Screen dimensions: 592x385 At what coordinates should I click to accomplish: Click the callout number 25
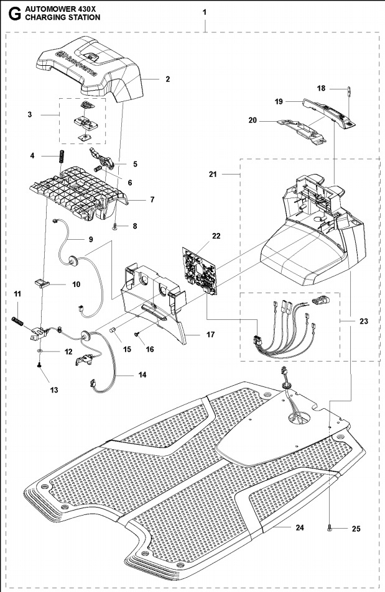coord(356,529)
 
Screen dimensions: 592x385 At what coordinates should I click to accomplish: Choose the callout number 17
coord(210,335)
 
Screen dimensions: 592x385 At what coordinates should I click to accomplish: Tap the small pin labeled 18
coord(350,93)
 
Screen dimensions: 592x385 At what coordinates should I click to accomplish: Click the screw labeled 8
coord(116,226)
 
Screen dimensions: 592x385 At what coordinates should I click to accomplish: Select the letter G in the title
coord(10,13)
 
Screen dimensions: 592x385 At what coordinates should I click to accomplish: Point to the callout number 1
coord(205,12)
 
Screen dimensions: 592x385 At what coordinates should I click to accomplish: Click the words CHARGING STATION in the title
coord(62,18)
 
